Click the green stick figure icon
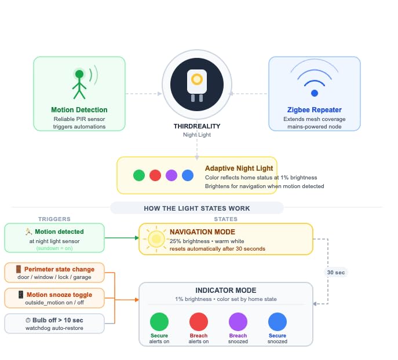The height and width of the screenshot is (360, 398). [79, 85]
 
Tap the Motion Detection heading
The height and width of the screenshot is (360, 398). [79, 110]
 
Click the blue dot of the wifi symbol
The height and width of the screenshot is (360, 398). [315, 93]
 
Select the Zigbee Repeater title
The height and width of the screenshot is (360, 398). [314, 110]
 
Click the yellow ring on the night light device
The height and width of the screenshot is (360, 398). [197, 79]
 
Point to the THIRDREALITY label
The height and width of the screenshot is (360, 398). [197, 126]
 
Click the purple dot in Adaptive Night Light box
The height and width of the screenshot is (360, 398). [171, 175]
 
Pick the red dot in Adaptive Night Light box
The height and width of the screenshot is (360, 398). [155, 175]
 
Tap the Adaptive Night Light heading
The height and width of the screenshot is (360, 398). [239, 168]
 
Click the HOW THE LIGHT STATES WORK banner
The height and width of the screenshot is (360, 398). [197, 208]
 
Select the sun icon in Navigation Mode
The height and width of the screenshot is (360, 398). [156, 239]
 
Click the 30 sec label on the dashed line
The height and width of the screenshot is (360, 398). [336, 273]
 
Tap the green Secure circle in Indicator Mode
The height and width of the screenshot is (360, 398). [159, 322]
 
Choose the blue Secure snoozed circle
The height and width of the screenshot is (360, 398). [277, 322]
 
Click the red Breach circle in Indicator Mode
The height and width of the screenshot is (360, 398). [199, 322]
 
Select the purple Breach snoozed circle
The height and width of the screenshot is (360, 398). [238, 322]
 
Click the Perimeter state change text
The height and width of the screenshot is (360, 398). [59, 269]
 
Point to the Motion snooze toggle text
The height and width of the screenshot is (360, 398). [59, 295]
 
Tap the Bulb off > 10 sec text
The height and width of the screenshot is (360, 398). [57, 320]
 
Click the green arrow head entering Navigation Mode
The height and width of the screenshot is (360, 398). [137, 238]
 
